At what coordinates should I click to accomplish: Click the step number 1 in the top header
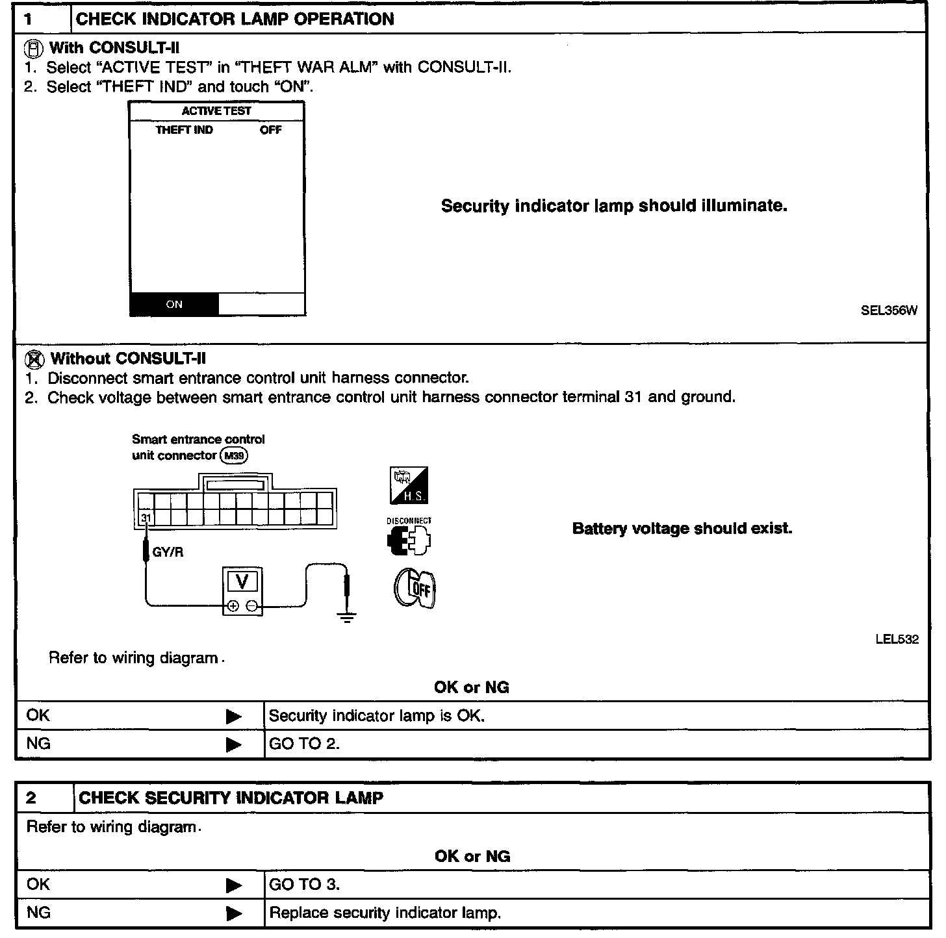[29, 19]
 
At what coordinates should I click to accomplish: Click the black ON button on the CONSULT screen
[174, 304]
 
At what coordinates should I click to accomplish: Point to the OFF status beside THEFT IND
[270, 130]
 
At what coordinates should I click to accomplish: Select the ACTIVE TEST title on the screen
[216, 111]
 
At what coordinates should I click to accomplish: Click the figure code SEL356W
[889, 311]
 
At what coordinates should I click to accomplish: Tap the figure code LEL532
[897, 639]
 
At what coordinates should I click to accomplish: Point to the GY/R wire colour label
[168, 553]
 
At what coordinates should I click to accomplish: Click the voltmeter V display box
[242, 581]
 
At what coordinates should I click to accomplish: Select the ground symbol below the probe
[348, 617]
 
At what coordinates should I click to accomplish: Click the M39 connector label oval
[235, 456]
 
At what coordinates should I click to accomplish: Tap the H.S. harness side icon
[409, 486]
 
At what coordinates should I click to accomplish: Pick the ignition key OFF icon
[415, 589]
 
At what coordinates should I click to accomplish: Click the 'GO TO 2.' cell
[304, 744]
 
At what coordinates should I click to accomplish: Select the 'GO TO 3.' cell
[304, 884]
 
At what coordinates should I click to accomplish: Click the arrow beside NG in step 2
[233, 913]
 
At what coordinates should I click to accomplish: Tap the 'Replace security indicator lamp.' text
[385, 913]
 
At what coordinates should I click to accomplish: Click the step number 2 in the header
[32, 798]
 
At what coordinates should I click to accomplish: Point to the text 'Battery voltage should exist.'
[682, 529]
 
